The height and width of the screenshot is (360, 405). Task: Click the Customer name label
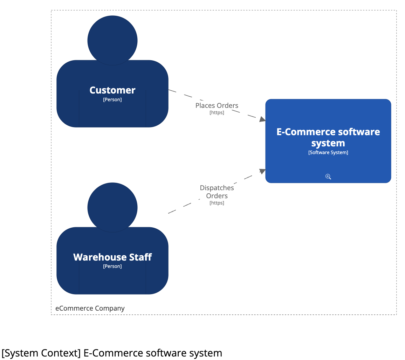point(112,90)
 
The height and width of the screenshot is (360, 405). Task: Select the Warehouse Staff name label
point(112,257)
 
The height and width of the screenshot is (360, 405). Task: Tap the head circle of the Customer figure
point(112,40)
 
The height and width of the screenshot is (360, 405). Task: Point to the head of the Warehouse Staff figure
point(112,207)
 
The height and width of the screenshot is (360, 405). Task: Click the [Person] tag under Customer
point(112,99)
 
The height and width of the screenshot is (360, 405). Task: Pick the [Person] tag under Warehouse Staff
point(112,266)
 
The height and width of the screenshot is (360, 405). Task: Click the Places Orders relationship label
point(217,105)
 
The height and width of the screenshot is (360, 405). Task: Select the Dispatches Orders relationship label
point(217,192)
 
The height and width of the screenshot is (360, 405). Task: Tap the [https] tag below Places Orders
point(217,113)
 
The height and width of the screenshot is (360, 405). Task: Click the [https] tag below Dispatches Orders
point(217,203)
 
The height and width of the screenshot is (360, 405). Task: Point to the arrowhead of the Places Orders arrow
point(262,119)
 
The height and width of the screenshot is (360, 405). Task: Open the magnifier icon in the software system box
point(328,176)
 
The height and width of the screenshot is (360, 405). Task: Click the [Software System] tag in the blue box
point(328,153)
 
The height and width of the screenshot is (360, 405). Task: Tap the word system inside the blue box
point(328,143)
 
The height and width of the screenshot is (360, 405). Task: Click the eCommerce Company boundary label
point(90,309)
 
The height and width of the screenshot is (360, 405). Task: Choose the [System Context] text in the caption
point(41,353)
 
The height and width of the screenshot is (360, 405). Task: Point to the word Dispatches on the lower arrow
point(217,188)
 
